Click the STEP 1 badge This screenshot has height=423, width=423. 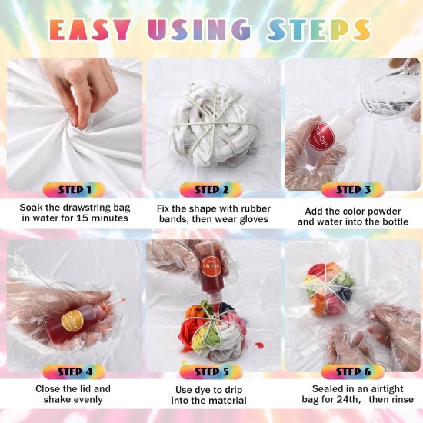(x=75, y=189)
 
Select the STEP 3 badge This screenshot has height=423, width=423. (x=348, y=189)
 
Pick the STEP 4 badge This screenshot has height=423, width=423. (x=75, y=371)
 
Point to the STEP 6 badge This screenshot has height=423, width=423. (x=348, y=371)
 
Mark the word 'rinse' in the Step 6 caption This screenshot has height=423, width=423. (x=398, y=401)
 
